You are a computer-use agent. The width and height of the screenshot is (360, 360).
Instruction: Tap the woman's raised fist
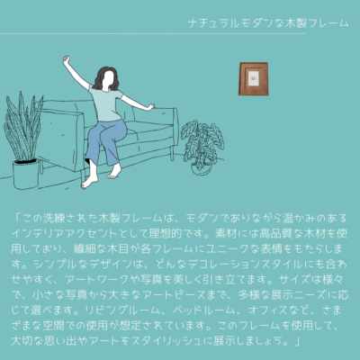coord(66,58)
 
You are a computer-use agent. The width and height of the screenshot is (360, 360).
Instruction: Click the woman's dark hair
coord(105,78)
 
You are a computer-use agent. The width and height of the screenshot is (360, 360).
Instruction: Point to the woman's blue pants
coord(105,141)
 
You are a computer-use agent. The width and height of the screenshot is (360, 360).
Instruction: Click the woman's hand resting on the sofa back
coord(150,106)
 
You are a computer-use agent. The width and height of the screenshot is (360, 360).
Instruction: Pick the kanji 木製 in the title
coord(295,23)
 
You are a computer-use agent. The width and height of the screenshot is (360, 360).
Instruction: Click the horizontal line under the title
coord(152,33)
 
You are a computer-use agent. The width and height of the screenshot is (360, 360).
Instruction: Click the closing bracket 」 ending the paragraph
coord(297,341)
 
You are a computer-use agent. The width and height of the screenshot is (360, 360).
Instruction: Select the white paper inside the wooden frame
coord(254,79)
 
